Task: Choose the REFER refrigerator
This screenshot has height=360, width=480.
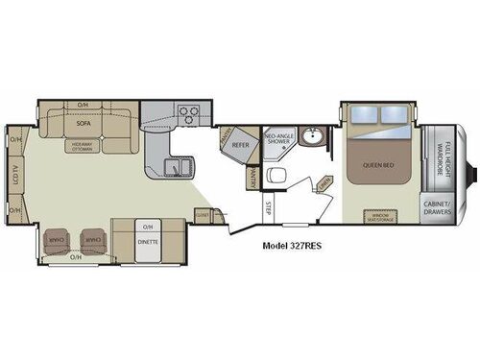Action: (241, 146)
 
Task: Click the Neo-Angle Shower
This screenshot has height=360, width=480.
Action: (278, 141)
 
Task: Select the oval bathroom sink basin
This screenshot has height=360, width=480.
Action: (311, 136)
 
